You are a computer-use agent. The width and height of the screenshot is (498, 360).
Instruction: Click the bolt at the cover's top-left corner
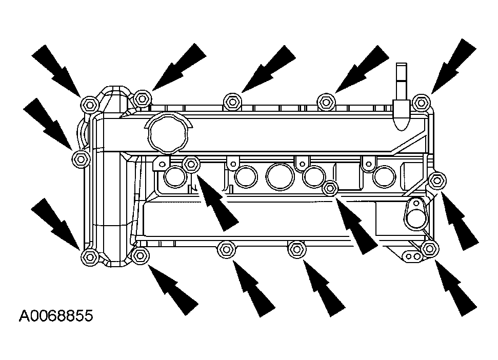pyautogui.click(x=90, y=104)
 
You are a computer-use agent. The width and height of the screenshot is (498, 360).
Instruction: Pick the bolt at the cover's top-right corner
pyautogui.click(x=421, y=102)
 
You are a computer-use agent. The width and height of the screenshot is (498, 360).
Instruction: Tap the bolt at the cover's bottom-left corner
pyautogui.click(x=89, y=257)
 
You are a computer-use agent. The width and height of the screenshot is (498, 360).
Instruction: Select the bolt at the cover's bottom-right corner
pyautogui.click(x=429, y=250)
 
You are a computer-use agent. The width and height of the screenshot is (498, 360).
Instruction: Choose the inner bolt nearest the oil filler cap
pyautogui.click(x=191, y=164)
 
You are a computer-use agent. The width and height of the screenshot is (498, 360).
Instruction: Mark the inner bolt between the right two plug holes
pyautogui.click(x=331, y=188)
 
